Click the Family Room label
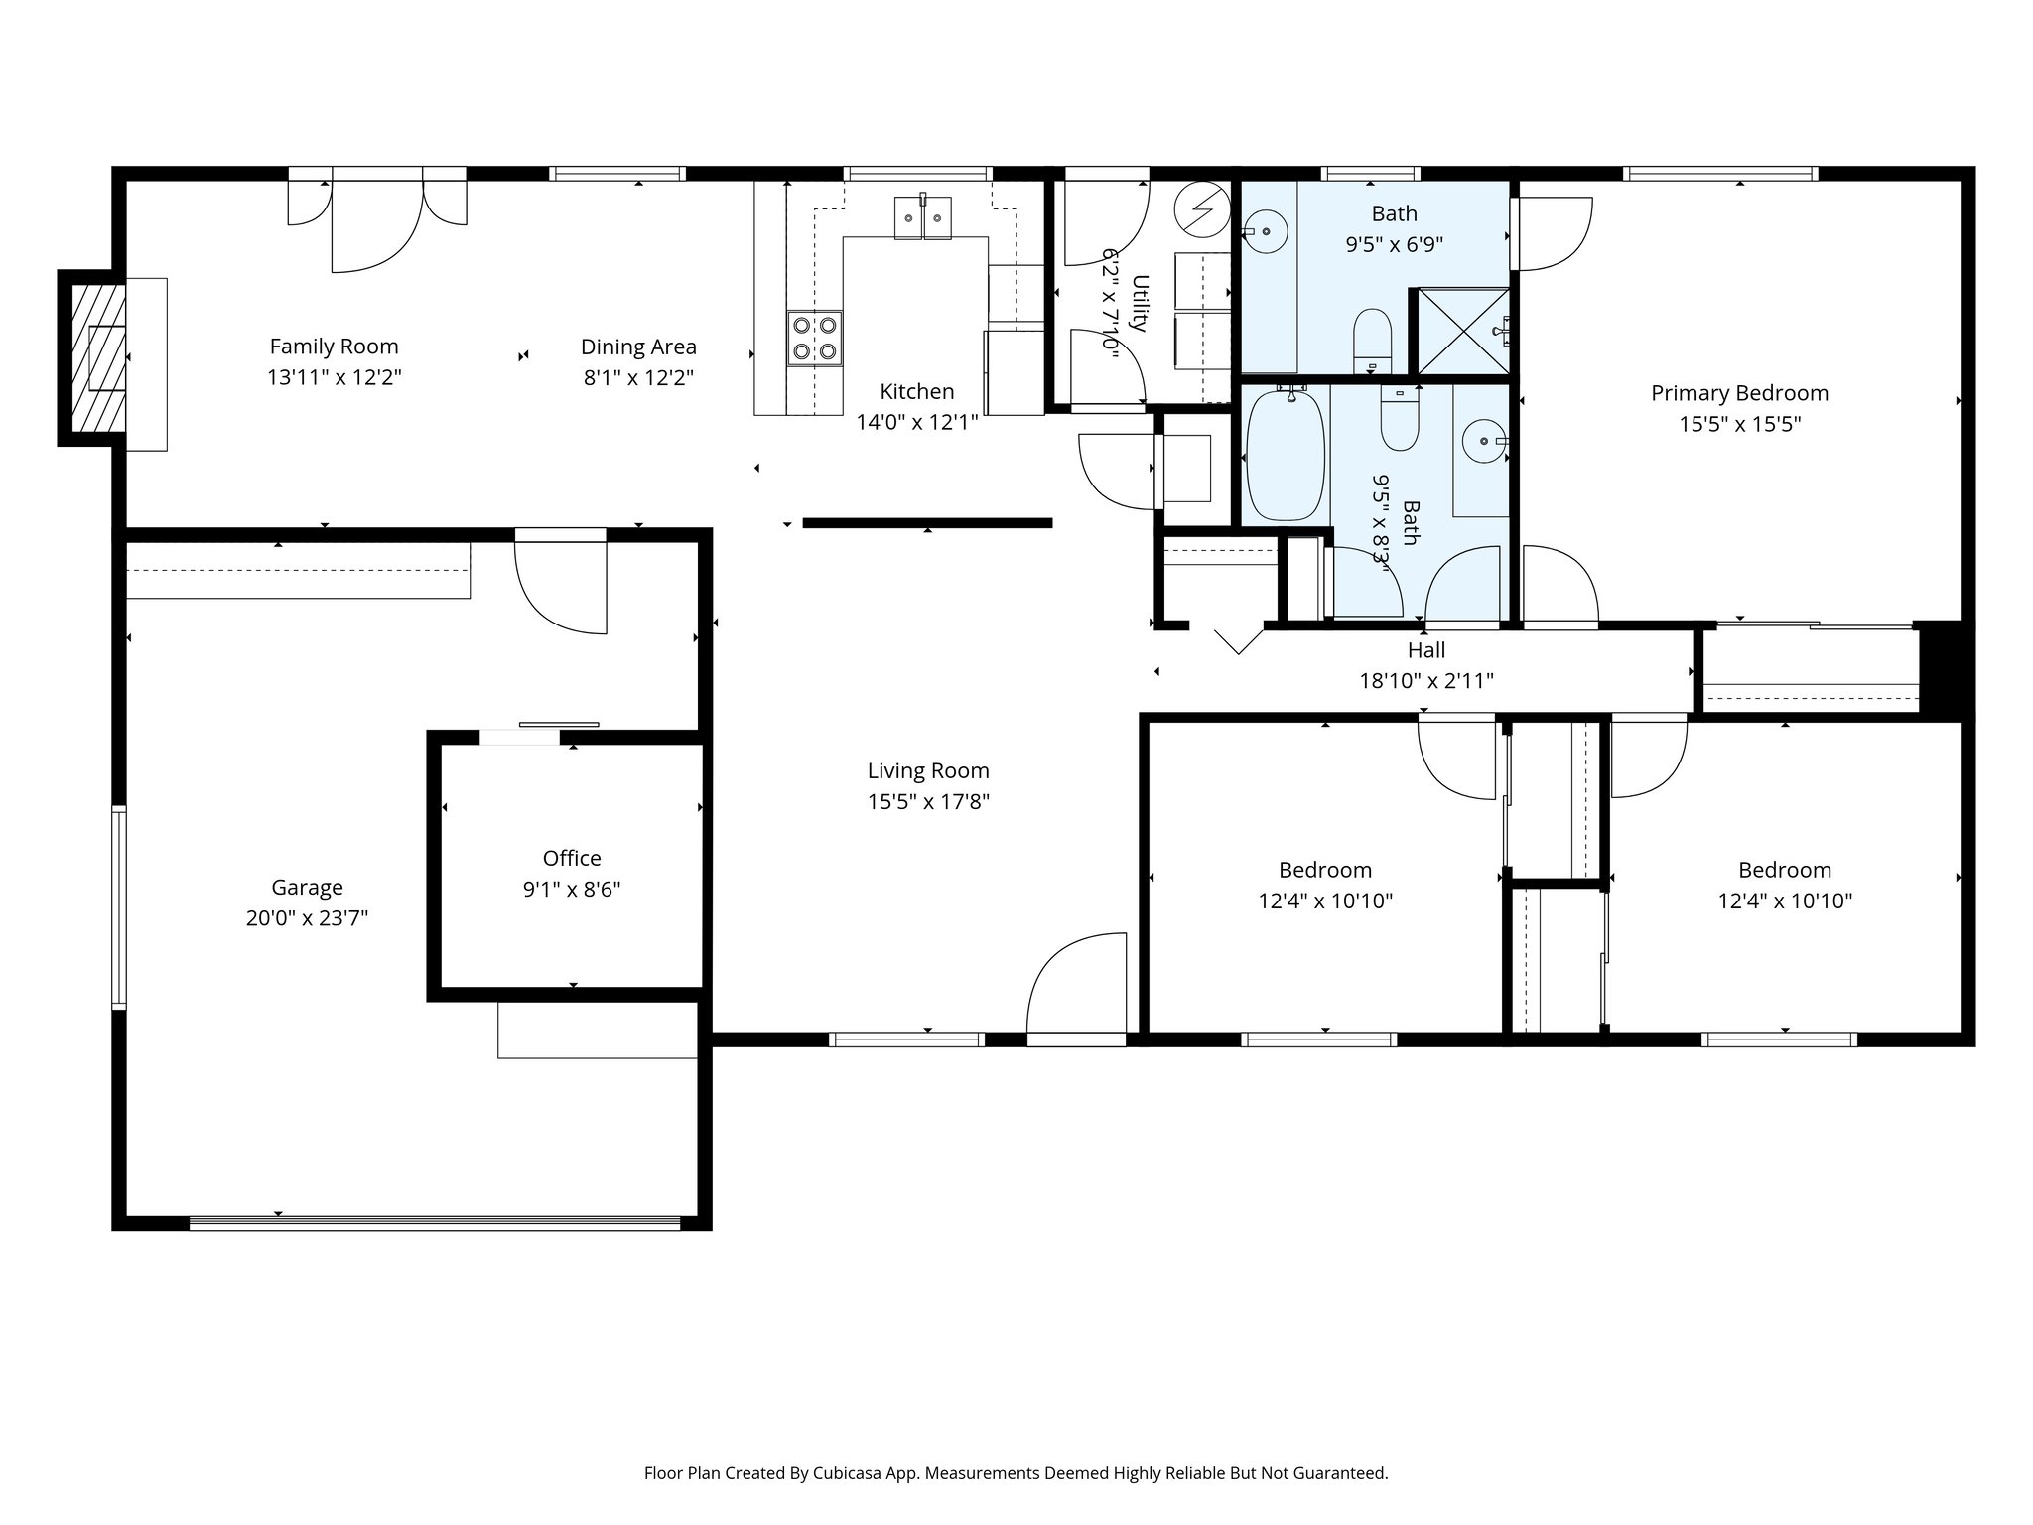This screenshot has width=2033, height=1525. pos(334,347)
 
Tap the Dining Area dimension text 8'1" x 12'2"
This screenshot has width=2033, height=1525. pos(637,378)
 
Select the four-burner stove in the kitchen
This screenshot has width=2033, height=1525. pos(814,338)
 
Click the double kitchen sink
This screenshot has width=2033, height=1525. pos(922,217)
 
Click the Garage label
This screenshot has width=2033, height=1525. pos(307,888)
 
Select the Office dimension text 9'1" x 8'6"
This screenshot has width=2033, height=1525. pos(572,890)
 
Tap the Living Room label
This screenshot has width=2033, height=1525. pos(927,771)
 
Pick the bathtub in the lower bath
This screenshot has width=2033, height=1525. pos(1285,457)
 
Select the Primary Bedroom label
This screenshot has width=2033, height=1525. pos(1739,393)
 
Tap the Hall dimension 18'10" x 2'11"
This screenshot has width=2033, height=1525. pos(1425,681)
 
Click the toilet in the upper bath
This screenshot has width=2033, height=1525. pos(1374,338)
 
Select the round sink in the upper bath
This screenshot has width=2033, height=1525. pos(1267,231)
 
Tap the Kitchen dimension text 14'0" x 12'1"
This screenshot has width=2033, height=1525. pos(916,423)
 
